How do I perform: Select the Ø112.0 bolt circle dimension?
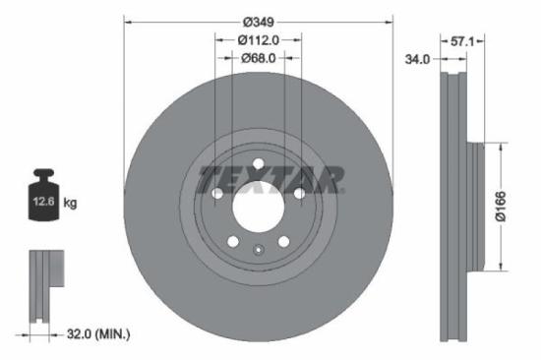click(x=259, y=39)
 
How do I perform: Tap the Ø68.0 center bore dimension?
click(x=259, y=58)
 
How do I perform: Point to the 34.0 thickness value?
click(x=417, y=59)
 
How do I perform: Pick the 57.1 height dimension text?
click(x=463, y=42)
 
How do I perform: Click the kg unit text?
click(x=70, y=203)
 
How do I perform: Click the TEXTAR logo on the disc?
click(x=270, y=180)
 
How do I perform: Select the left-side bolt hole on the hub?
click(x=216, y=194)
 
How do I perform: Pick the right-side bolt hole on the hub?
click(x=299, y=194)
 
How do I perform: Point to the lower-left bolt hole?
click(x=232, y=242)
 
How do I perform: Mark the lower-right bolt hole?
click(x=283, y=242)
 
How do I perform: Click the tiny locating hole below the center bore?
click(x=258, y=249)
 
